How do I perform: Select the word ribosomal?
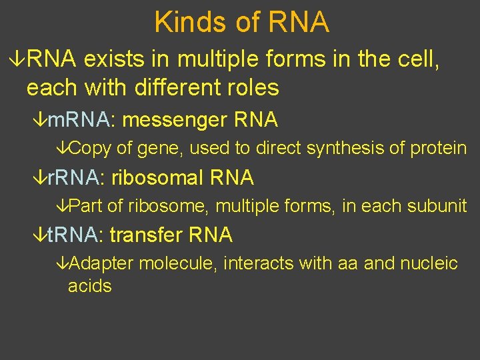coord(158,177)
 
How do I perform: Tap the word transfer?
coord(147,235)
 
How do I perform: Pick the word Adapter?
coord(101,263)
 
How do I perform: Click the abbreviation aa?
coord(350,263)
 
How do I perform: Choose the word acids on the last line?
coord(89,287)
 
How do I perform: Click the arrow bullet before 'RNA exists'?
coord(19,60)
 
